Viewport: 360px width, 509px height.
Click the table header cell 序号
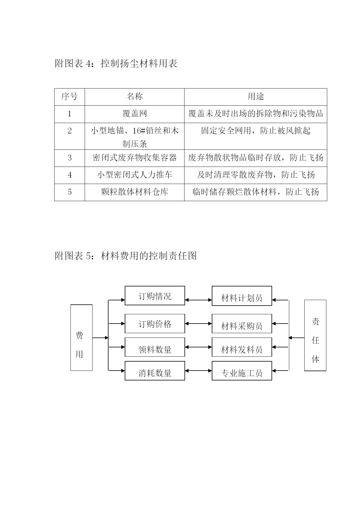(x=70, y=97)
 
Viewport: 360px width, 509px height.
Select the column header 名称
(x=135, y=97)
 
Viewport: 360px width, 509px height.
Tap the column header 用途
(x=256, y=97)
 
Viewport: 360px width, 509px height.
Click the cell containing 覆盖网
(x=135, y=114)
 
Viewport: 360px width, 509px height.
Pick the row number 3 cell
(x=70, y=158)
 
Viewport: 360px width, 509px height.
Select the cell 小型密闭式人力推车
(x=135, y=175)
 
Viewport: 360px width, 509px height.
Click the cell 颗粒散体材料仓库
(x=135, y=192)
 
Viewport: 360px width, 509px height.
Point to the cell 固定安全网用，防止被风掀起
(x=256, y=136)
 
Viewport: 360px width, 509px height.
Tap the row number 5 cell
(x=70, y=192)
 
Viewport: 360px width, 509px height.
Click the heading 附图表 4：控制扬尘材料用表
(x=116, y=64)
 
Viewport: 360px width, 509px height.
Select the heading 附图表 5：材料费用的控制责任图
(x=126, y=256)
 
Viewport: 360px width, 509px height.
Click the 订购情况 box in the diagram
(x=155, y=296)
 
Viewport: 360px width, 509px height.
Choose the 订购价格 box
(x=155, y=324)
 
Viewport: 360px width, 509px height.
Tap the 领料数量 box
(x=155, y=347)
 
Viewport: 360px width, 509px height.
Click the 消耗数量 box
(x=155, y=371)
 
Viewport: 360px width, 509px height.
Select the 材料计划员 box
(x=242, y=296)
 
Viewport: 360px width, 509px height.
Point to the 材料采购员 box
(x=242, y=324)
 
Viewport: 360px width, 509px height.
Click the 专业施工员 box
(x=242, y=371)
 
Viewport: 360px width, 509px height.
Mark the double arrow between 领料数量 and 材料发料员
(x=198, y=347)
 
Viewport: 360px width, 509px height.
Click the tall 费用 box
(x=82, y=338)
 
